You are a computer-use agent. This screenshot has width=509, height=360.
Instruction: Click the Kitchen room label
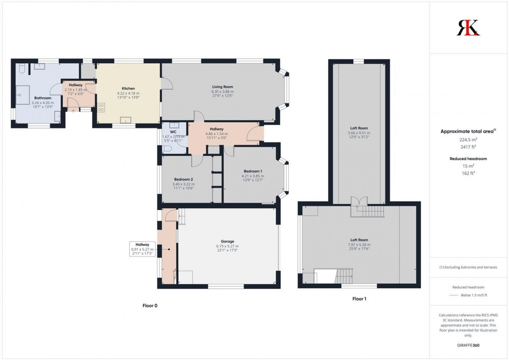pos(128,88)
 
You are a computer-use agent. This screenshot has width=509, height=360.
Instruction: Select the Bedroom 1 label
pos(253,171)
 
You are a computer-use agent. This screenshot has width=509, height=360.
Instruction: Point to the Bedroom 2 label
pos(183,179)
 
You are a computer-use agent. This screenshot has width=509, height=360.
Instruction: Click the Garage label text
pos(227,242)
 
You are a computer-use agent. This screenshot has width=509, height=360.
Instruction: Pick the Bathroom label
pos(43,98)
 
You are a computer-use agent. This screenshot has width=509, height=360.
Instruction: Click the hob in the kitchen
pos(101,108)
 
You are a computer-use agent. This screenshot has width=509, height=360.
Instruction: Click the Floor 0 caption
pos(150,305)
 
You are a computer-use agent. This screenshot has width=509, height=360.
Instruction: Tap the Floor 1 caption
pos(358,299)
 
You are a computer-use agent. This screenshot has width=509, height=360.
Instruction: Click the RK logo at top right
pos(468,27)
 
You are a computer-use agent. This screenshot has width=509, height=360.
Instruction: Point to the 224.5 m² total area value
pos(468,139)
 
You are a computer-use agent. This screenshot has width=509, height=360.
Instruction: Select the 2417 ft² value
pos(468,146)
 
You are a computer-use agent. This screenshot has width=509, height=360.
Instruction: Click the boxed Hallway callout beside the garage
pos(142,249)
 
